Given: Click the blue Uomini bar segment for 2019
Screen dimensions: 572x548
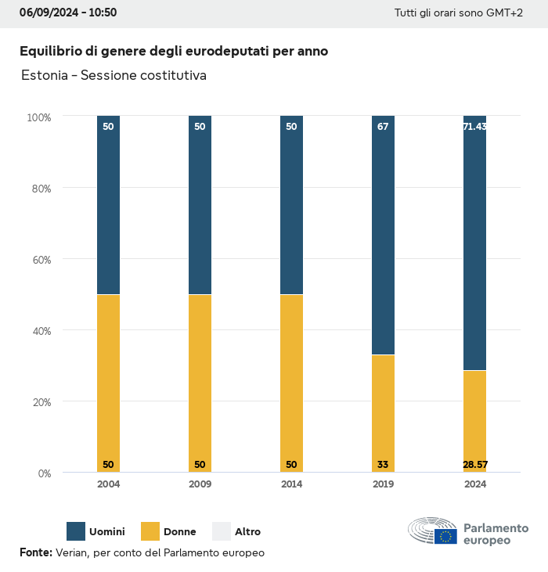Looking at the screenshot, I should point(383,235).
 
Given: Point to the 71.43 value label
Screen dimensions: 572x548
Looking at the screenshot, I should point(474,127).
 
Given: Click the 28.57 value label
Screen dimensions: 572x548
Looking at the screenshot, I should point(474,465).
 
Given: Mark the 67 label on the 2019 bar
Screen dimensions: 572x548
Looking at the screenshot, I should point(383,127).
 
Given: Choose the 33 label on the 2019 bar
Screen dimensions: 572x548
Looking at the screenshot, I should point(383,465).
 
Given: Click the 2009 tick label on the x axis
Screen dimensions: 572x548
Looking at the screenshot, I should point(200,484).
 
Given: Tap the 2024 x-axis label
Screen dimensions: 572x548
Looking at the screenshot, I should point(474,484).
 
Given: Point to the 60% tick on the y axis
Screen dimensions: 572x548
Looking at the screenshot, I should point(39,260).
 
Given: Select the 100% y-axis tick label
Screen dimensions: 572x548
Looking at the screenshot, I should point(38,117).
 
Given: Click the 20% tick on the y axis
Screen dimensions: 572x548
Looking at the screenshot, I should point(39,402).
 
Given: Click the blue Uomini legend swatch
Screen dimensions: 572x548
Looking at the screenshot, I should point(76,531).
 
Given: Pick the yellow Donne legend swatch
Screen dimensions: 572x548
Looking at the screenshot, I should point(150,531).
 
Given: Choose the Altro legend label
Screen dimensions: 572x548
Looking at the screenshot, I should point(247,532).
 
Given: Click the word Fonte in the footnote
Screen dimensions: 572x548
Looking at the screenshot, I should point(35,552).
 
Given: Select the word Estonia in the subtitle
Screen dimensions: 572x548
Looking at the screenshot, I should point(43,76).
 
